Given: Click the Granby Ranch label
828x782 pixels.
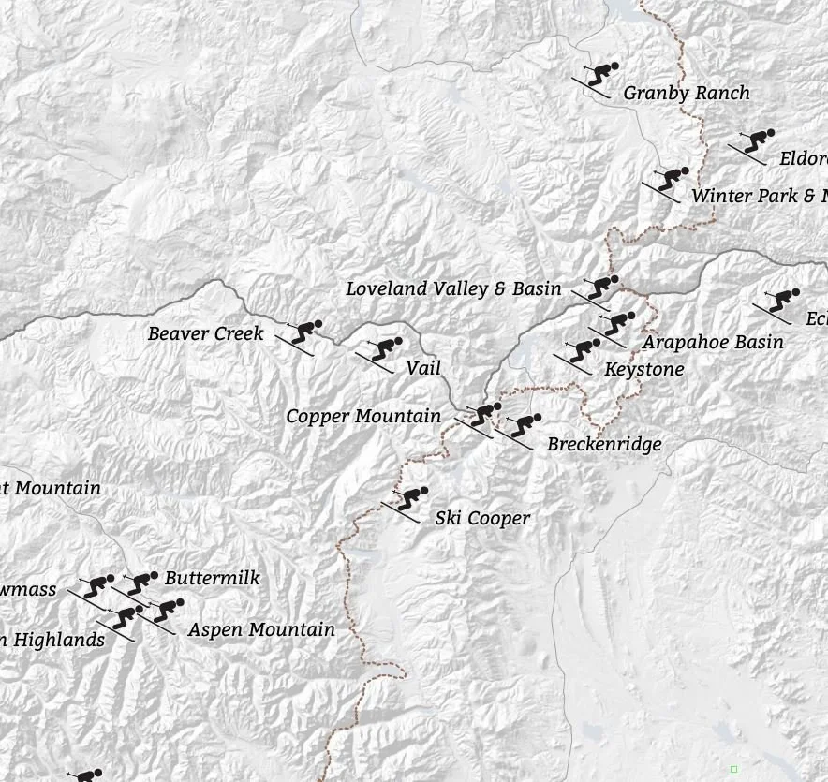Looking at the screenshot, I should pos(687,93).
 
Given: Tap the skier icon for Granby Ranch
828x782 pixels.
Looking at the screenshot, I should pos(596,76).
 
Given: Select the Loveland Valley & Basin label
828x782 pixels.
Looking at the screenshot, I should pos(453,288).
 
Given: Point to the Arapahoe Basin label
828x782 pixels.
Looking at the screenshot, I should pos(713,342).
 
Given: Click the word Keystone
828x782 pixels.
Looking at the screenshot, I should pos(644,369).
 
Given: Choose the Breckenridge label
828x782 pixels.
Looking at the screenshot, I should pos(604,444).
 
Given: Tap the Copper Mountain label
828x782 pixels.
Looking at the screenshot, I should pos(363,416).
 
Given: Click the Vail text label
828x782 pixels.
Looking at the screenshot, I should pos(423,368).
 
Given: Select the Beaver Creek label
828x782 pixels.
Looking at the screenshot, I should pos(206,333).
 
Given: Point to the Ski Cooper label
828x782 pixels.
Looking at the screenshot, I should pos(482,518).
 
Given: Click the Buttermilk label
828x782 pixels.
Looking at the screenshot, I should pos(213,578).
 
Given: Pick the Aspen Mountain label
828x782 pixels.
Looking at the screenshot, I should pos(261,629).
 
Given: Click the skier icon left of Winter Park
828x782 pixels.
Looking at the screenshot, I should pos(666,182).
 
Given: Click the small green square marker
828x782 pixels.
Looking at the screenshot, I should pos(733,769).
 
